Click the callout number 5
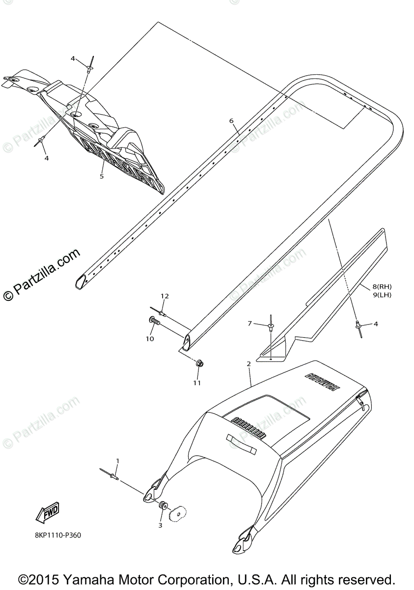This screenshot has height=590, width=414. click(102, 176)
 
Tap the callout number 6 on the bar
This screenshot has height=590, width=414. click(231, 120)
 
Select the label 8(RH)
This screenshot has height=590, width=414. click(382, 287)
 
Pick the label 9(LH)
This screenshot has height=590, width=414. click(382, 295)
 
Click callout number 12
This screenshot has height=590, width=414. click(165, 296)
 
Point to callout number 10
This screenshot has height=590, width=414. click(150, 338)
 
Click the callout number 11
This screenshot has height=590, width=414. click(196, 383)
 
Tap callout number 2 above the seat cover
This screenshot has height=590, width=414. click(248, 364)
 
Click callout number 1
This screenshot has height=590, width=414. click(117, 461)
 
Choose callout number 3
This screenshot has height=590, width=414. click(160, 526)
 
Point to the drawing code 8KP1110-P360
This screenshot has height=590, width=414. click(58, 535)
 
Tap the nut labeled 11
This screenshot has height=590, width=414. click(199, 364)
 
